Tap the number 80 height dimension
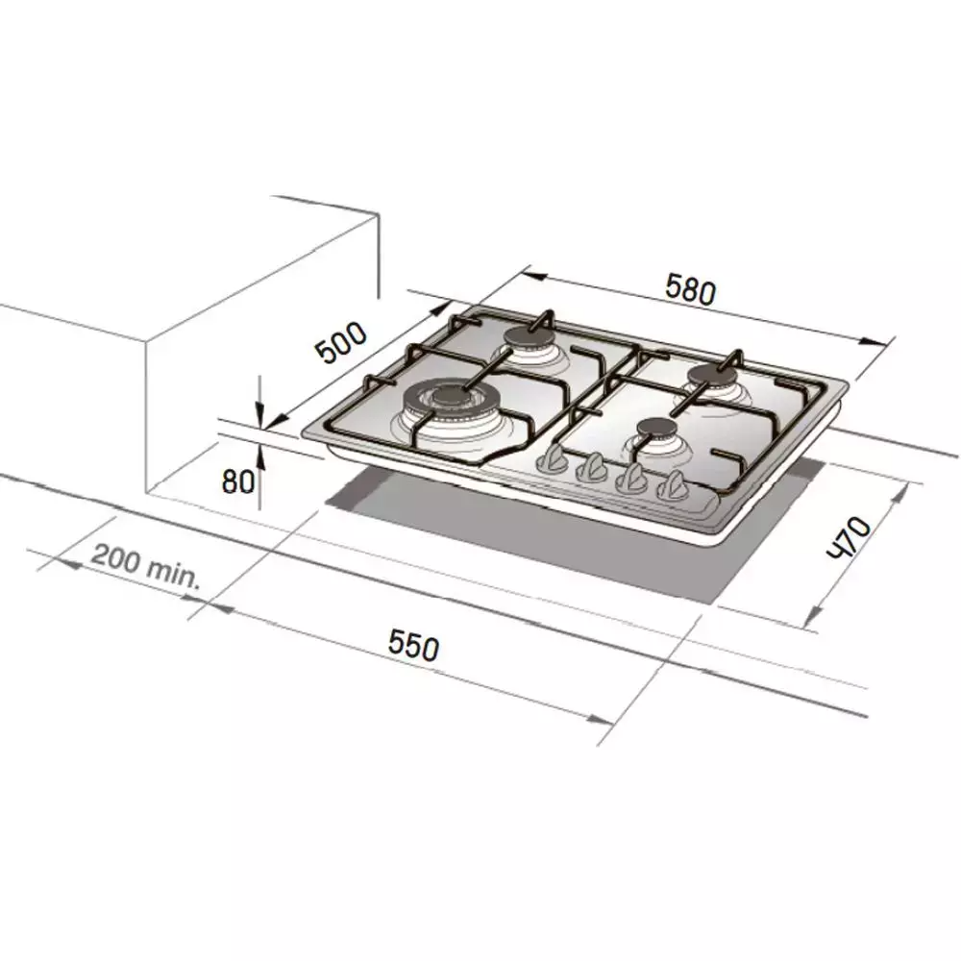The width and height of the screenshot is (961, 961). pos(237,480)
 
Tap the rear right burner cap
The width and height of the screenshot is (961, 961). pos(712,374)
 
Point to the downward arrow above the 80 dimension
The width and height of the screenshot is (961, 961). pos(259,416)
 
